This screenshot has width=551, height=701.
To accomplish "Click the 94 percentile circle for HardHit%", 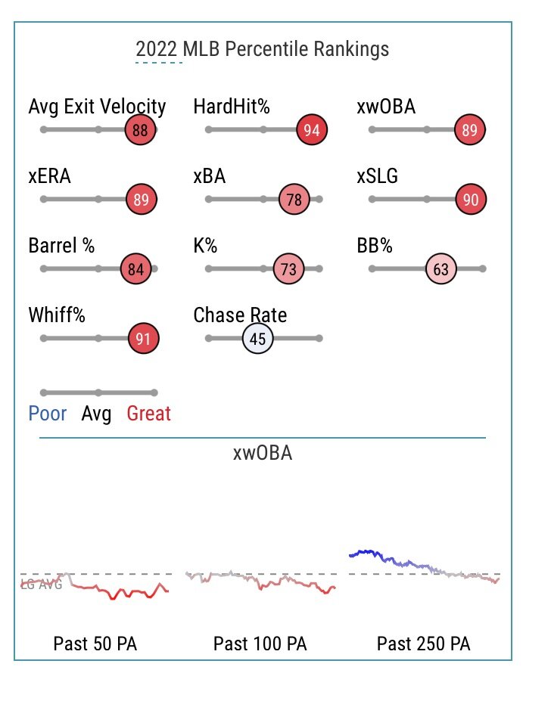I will [x=311, y=130].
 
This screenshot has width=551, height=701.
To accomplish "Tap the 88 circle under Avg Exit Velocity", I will [x=140, y=130].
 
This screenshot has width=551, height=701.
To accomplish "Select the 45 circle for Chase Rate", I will [x=257, y=339].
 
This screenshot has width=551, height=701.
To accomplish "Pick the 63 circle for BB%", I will [x=441, y=268].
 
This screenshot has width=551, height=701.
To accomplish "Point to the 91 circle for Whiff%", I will [x=143, y=339].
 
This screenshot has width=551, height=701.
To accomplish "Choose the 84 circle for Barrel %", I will [x=135, y=268].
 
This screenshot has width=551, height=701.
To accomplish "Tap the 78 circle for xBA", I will [x=294, y=200].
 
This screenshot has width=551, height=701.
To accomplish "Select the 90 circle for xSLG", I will [x=471, y=200].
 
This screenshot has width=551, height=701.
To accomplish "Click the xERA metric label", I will [x=50, y=177].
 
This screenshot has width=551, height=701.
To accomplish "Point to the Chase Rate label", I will [x=240, y=315].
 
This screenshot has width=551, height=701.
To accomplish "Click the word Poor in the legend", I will [x=48, y=414].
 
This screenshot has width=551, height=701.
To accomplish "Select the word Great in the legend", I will [x=148, y=414].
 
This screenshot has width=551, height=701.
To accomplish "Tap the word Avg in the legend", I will [x=96, y=414].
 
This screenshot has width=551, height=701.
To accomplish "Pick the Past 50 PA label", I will [x=95, y=644].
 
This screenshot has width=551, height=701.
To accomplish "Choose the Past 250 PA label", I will [x=423, y=644].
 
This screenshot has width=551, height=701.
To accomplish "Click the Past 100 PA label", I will [x=260, y=644].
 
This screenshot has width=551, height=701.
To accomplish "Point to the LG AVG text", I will [x=41, y=584].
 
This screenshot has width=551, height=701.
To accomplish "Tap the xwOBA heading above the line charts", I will [x=262, y=453].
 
